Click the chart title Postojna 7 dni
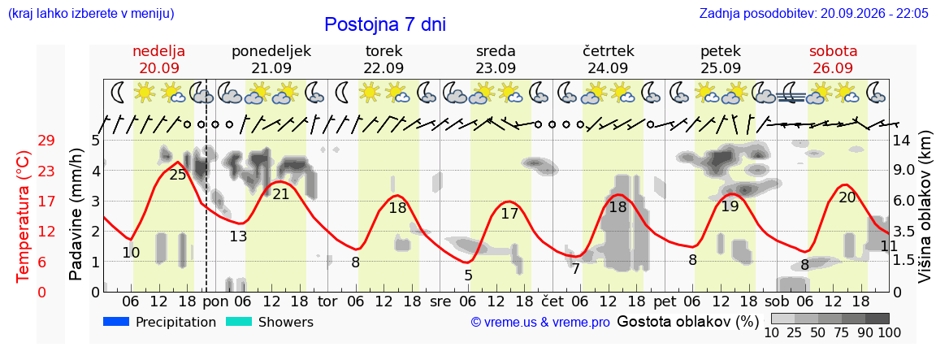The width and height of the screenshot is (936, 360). click(385, 24)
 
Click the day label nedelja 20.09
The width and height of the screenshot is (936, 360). click(158, 59)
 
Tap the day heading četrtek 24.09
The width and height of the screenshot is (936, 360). click(609, 59)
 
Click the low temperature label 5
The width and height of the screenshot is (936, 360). click(468, 275)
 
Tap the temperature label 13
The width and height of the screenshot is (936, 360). click(238, 236)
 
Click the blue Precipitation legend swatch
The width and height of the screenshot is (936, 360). click(116, 322)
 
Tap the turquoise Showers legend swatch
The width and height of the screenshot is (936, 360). click(239, 322)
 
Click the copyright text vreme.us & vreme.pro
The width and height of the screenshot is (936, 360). click(540, 323)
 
